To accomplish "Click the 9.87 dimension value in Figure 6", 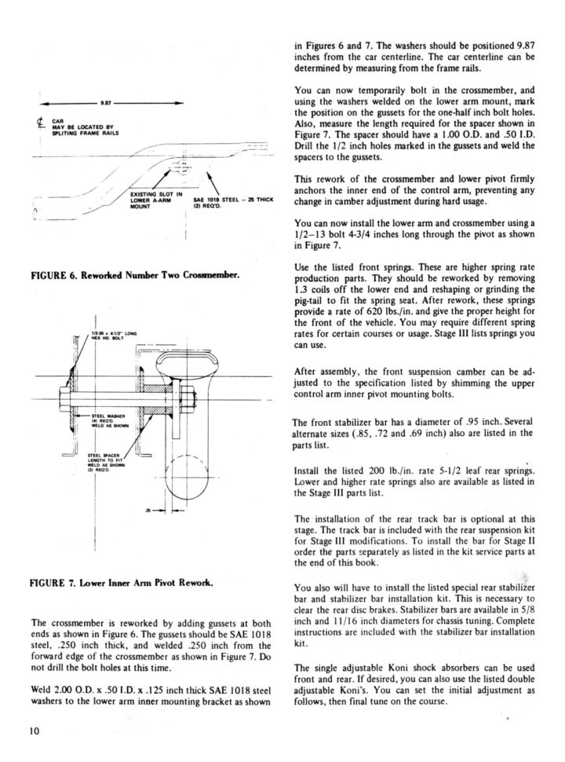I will (x=105, y=104).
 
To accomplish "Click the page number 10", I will (x=34, y=731).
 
